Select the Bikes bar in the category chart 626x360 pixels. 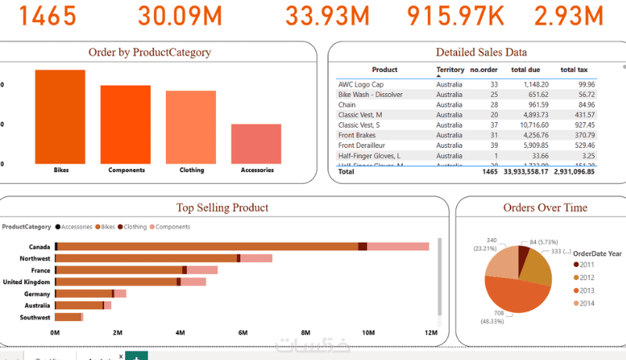point(59,116)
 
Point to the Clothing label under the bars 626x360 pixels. point(191,170)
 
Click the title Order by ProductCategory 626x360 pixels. point(149,52)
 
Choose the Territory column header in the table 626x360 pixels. point(449,70)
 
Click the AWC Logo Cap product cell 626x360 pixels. point(361,84)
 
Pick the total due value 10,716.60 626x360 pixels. point(531,124)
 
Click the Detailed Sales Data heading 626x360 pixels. point(480,52)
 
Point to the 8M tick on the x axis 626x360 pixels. point(305,333)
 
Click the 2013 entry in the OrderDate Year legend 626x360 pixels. point(587,290)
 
